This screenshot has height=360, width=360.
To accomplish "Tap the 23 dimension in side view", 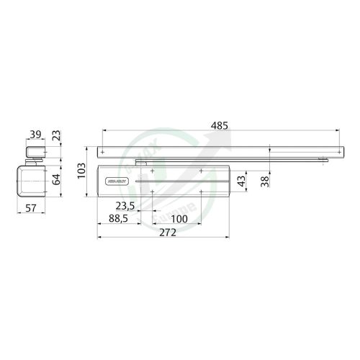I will (57, 135).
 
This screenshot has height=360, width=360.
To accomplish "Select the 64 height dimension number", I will (57, 180).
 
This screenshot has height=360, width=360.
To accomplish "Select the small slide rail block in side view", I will (34, 152).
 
